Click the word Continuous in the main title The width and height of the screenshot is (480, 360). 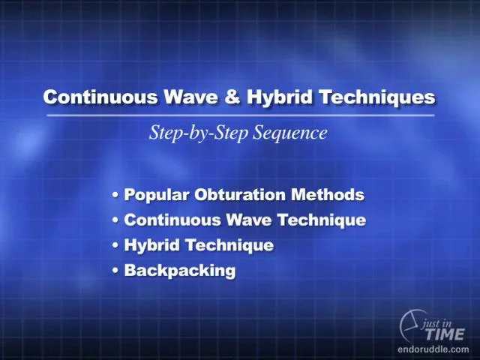(100, 97)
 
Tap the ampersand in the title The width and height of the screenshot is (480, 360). (232, 97)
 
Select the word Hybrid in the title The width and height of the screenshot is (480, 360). (280, 97)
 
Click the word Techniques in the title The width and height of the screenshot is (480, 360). (377, 97)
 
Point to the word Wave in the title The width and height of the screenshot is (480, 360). (190, 97)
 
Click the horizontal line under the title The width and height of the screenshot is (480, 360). (241, 115)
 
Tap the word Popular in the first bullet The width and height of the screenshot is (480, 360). (156, 195)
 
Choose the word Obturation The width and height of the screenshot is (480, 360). (240, 195)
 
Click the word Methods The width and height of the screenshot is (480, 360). (328, 195)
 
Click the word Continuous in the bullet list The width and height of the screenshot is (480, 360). (172, 220)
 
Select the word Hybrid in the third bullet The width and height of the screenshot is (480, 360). (151, 245)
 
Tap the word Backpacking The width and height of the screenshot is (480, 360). (180, 271)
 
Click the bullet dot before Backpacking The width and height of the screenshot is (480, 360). (115, 271)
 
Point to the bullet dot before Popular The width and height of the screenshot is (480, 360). (115, 195)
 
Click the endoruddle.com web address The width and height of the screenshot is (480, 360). (433, 349)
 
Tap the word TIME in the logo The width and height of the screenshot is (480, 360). (445, 334)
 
